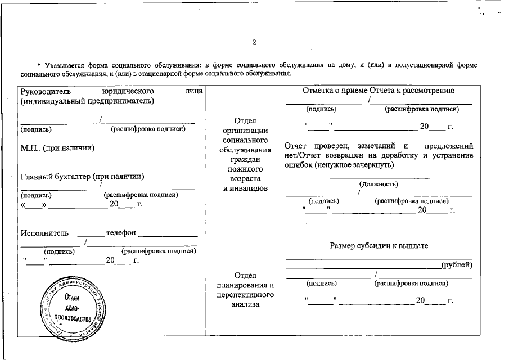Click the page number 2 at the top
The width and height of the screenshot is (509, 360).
pos(254,43)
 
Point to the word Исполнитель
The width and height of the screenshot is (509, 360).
pos(44,233)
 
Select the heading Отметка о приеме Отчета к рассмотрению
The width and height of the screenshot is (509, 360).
pos(379,91)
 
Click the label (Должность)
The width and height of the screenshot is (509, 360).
pos(378,184)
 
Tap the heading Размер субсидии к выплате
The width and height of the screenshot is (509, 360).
pos(379,246)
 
